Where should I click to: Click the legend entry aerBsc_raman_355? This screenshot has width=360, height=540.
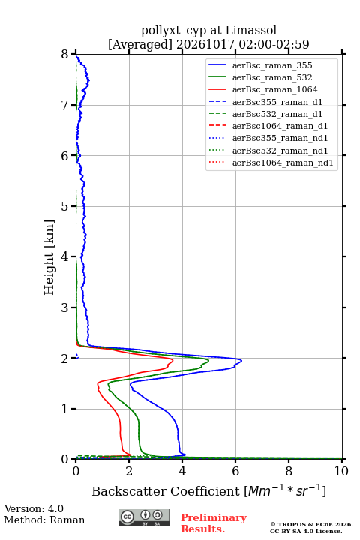click(x=272, y=65)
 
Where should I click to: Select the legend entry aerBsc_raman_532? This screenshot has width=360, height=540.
click(x=272, y=77)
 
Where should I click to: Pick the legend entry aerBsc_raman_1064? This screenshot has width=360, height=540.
click(x=275, y=89)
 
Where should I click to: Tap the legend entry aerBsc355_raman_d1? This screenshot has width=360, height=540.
click(x=277, y=102)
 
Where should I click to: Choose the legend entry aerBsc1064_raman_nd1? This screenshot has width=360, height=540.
click(x=283, y=163)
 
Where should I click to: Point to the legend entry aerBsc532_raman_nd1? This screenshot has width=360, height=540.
click(x=280, y=151)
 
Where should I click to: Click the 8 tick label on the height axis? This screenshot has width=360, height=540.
click(x=65, y=55)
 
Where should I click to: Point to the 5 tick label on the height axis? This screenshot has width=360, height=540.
click(x=65, y=206)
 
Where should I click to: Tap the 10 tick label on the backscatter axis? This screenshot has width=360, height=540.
click(x=341, y=471)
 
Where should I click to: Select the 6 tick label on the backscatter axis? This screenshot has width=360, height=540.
click(x=235, y=471)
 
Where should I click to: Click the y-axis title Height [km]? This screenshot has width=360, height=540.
click(x=49, y=257)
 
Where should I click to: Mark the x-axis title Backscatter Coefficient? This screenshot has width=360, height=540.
click(x=166, y=491)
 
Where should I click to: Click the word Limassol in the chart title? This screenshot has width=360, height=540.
click(x=251, y=31)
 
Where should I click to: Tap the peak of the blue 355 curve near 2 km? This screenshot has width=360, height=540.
click(x=241, y=361)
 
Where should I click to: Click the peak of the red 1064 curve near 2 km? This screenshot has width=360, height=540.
click(x=172, y=360)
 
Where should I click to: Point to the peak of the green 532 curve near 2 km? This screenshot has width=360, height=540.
click(x=208, y=360)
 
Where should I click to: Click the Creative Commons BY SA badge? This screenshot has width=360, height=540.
click(x=144, y=517)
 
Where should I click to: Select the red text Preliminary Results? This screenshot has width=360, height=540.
click(x=214, y=523)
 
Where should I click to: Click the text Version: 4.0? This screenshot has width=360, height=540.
click(x=34, y=508)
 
